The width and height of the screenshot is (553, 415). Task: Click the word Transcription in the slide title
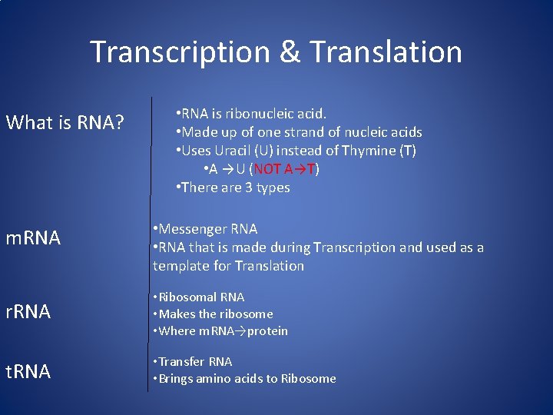[x=180, y=52]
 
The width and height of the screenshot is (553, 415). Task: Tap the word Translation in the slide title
[x=386, y=52]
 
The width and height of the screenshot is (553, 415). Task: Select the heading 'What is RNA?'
[x=65, y=122]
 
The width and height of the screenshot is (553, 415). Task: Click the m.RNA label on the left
[x=33, y=238]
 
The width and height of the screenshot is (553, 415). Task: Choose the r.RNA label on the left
[x=28, y=311]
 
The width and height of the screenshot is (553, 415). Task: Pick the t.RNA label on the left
[x=28, y=372]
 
